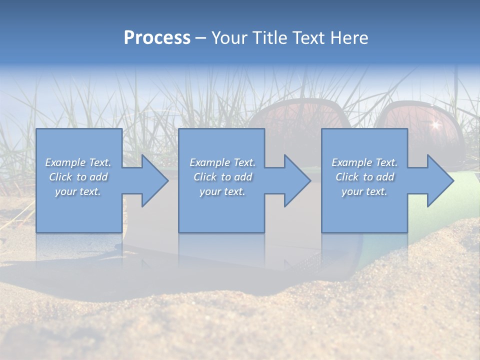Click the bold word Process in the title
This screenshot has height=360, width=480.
[x=157, y=38]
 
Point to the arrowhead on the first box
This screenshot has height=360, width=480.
[x=152, y=180]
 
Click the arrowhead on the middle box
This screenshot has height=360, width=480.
[x=295, y=180]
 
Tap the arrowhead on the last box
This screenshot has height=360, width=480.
[x=438, y=180]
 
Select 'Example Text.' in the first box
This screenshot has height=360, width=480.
[x=78, y=162]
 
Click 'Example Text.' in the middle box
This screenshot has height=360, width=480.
[x=222, y=162]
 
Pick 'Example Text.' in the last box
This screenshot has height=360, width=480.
[x=364, y=162]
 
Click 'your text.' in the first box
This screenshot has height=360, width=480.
[x=78, y=191]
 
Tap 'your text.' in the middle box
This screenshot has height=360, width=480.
[x=222, y=191]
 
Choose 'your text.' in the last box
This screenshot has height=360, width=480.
[x=364, y=191]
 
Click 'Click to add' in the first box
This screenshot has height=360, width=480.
[x=78, y=177]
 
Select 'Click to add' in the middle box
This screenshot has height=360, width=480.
[x=222, y=177]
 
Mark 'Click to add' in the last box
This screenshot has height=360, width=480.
[x=364, y=177]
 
